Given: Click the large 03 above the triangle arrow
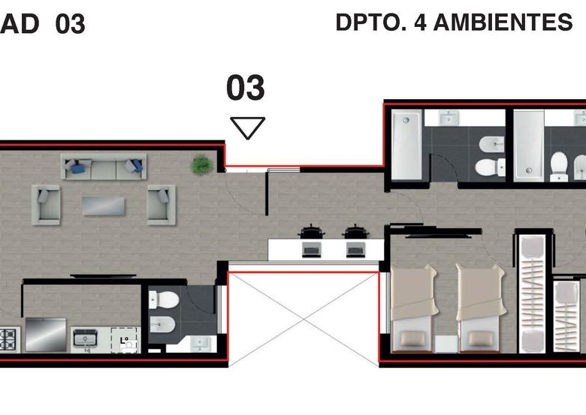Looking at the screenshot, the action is click(x=246, y=87).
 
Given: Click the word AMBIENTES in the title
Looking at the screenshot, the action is click(x=503, y=22).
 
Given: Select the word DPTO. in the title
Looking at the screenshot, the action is click(x=371, y=22).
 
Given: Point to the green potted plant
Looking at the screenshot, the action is click(x=201, y=164).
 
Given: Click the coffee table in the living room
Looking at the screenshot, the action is click(x=104, y=206).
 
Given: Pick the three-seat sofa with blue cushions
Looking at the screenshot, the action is click(x=104, y=167).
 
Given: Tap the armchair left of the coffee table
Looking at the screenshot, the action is click(x=46, y=205).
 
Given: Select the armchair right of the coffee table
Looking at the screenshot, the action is click(x=162, y=205).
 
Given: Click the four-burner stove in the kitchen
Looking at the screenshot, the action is click(x=9, y=339).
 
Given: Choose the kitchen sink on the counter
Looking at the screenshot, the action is click(x=86, y=338).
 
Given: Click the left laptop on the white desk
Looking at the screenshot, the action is click(x=311, y=249).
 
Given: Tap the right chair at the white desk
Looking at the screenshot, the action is click(x=355, y=232).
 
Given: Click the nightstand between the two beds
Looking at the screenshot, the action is click(x=446, y=344).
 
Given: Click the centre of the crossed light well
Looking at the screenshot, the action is click(x=304, y=319).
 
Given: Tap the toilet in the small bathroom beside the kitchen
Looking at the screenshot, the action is click(x=165, y=299).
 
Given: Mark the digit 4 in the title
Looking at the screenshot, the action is click(x=420, y=22).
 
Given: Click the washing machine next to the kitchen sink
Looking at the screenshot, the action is click(x=125, y=340).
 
